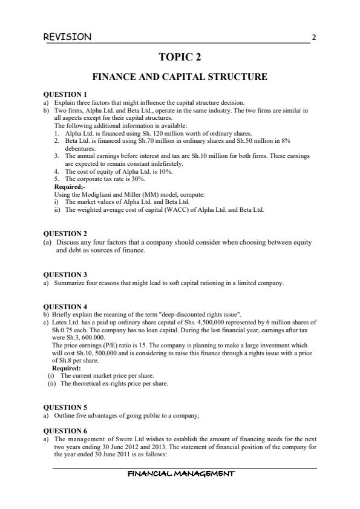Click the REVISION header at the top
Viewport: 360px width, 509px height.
68,37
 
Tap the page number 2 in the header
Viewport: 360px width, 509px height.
313,38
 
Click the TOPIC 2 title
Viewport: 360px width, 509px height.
180,57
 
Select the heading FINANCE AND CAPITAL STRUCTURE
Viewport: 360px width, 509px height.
179,77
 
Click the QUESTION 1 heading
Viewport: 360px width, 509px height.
65,94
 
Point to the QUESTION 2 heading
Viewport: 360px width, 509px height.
65,234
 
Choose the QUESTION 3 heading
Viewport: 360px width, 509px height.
65,275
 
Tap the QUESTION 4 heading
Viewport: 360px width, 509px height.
65,307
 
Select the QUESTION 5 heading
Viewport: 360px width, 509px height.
65,407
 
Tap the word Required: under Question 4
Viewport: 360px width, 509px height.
67,368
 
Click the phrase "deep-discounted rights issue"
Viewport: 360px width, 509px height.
194,315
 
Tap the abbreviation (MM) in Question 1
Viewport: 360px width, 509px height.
134,194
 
